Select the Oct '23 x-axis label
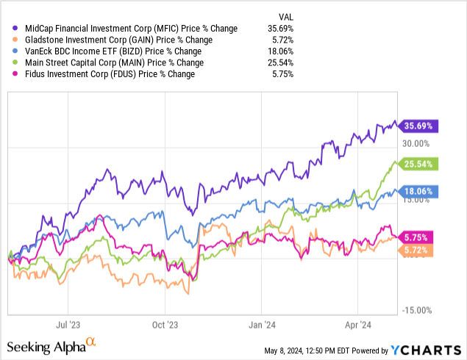[165, 323]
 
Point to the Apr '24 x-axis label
[358, 323]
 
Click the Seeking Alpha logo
[51, 346]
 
